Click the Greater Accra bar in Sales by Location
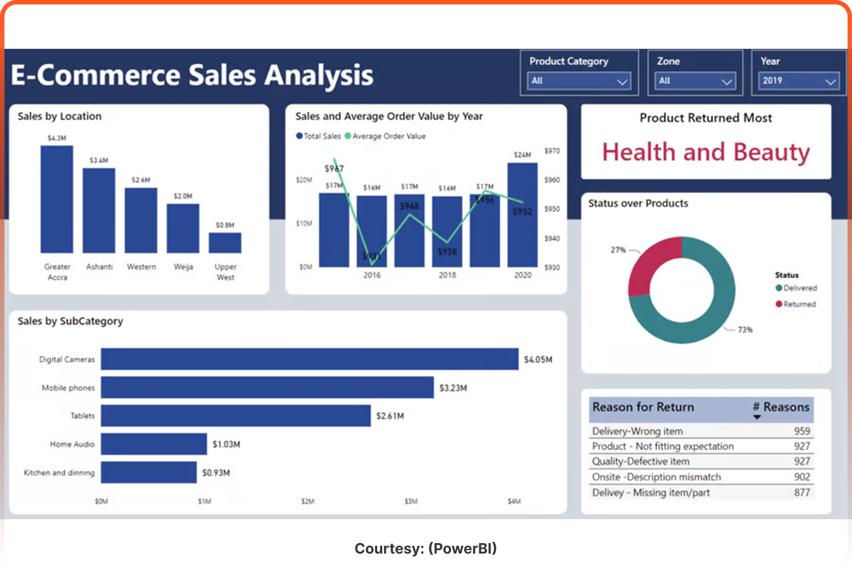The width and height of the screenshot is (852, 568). click(x=57, y=200)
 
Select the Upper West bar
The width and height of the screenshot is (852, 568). click(x=225, y=243)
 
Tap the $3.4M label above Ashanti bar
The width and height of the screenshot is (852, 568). click(x=99, y=160)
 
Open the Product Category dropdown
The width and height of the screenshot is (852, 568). click(x=579, y=81)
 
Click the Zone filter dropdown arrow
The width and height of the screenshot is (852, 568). click(x=726, y=82)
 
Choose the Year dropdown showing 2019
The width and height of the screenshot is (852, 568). click(x=798, y=81)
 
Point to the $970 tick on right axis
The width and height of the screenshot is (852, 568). click(x=552, y=151)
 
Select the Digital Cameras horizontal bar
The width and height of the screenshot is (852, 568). click(x=309, y=359)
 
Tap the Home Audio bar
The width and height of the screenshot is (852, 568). click(x=154, y=444)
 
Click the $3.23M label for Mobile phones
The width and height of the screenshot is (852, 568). click(x=453, y=388)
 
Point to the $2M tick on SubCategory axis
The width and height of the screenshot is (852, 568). click(x=307, y=501)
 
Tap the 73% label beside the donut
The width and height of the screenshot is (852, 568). click(x=745, y=330)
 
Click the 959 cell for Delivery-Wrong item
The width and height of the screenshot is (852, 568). click(x=802, y=431)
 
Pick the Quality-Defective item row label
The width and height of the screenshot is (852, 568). click(x=641, y=461)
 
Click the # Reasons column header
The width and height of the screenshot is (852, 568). click(x=781, y=407)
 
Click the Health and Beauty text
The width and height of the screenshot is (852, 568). click(x=706, y=152)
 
